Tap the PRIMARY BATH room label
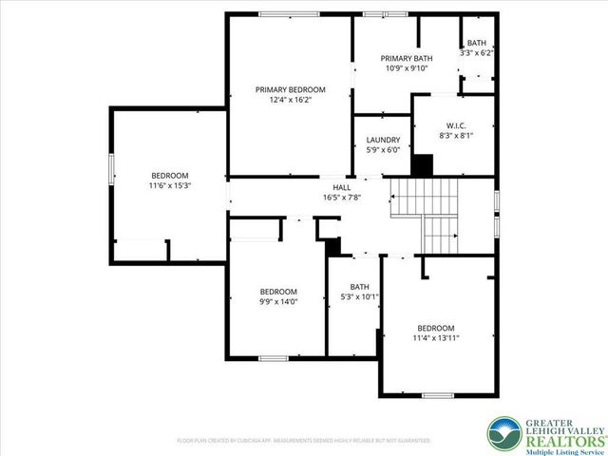coord(406,58)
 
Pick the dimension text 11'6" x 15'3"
coord(170,186)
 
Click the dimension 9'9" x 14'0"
coord(279,302)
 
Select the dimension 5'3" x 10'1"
coord(359,297)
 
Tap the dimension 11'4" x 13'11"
coord(436,337)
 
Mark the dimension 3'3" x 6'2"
coord(477,53)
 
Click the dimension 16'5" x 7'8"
coord(340,199)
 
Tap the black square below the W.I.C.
coord(423,165)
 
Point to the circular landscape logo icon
coord(502,433)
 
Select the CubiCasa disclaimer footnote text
coord(304,441)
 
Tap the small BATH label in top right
coord(477,43)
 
